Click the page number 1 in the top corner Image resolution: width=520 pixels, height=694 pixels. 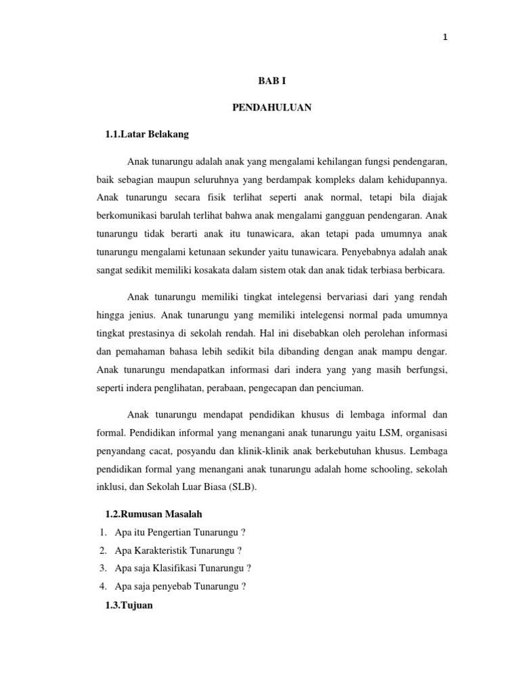pyautogui.click(x=445, y=38)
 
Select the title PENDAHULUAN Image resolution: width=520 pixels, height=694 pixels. pyautogui.click(x=262, y=108)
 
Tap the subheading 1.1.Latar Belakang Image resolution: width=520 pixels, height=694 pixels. pyautogui.click(x=147, y=134)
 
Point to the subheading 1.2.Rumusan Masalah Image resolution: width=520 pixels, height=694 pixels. pyautogui.click(x=154, y=514)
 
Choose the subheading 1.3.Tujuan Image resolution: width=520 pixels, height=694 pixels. pyautogui.click(x=129, y=606)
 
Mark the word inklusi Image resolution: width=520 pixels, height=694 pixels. pyautogui.click(x=114, y=487)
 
